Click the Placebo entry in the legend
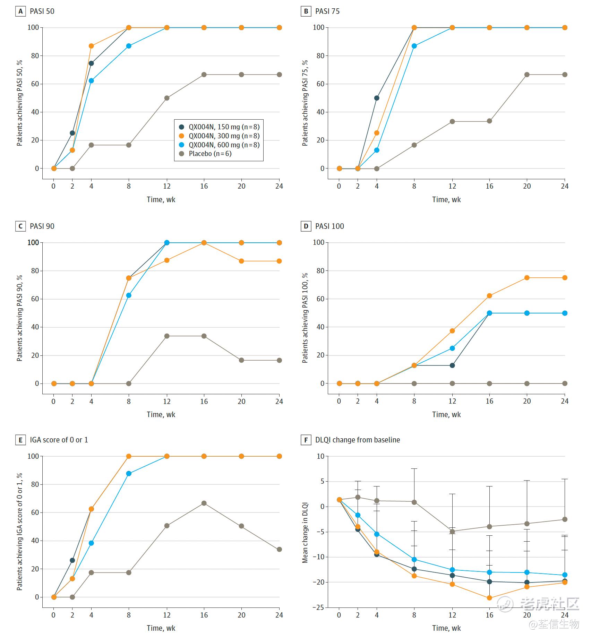point(209,154)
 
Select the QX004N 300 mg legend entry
point(224,136)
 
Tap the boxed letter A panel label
point(20,11)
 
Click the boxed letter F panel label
point(306,440)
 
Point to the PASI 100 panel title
point(329,226)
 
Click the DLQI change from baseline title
point(357,440)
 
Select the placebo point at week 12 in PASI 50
point(167,98)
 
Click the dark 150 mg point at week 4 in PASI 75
point(377,98)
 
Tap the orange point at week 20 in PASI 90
point(241,261)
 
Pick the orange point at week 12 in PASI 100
point(452,331)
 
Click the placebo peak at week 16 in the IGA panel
point(204,503)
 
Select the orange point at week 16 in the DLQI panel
point(489,598)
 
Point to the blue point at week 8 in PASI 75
point(414,46)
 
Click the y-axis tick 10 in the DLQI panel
point(320,456)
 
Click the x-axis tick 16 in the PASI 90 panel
point(204,401)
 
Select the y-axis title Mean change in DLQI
point(305,533)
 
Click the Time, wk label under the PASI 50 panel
point(161,199)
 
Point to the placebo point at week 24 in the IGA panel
point(279,549)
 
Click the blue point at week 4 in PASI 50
point(91,80)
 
